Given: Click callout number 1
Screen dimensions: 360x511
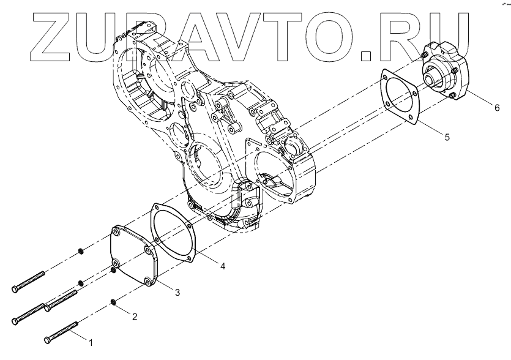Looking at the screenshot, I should point(92,342).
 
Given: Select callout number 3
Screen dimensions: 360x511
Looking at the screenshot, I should point(177,293).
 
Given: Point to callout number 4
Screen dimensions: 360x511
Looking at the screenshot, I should point(223,266).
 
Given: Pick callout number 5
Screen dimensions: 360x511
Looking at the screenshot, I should point(447,137).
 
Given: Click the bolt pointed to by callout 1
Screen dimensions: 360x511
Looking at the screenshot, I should point(61,332).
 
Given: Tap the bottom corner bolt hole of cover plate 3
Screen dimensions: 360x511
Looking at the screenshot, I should point(148,281).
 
